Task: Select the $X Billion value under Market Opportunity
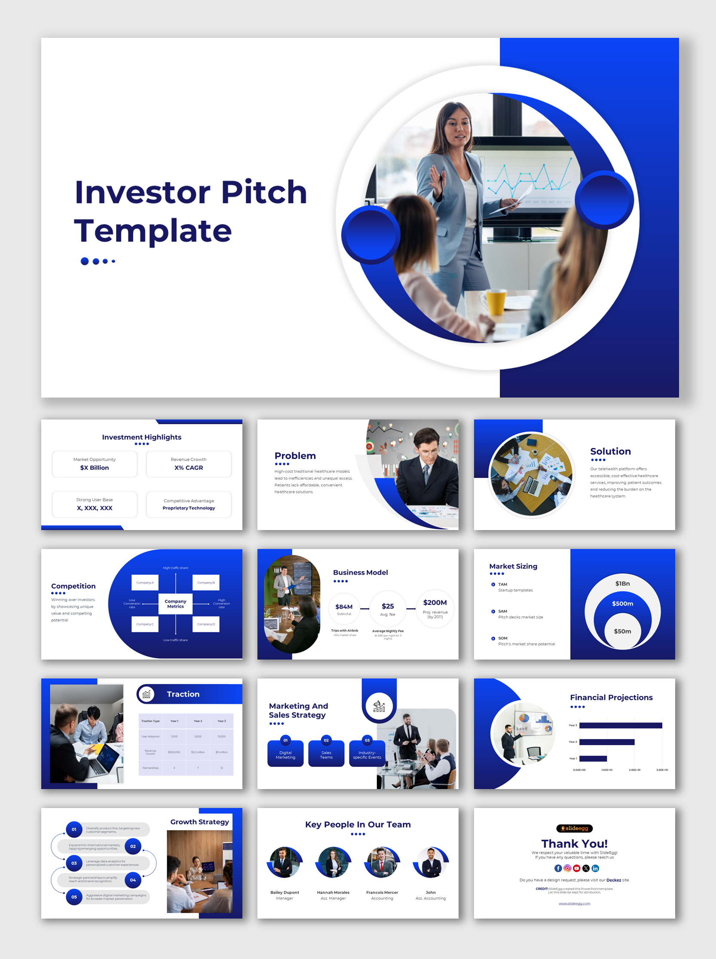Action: coord(95,468)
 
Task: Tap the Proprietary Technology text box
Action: coord(189,508)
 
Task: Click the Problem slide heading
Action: coord(295,456)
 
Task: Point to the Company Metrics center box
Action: coord(175,604)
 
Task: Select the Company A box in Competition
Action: coord(145,582)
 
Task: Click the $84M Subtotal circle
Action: coord(344,609)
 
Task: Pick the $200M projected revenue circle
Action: coord(435,608)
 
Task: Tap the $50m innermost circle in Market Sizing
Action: coord(622,632)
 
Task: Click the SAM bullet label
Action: coord(502,611)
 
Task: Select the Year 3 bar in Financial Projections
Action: coord(620,725)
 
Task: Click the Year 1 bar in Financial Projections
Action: coord(593,758)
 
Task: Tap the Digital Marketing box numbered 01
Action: coord(285,755)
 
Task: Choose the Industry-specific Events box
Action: coord(367,755)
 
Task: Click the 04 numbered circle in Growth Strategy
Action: coord(133,880)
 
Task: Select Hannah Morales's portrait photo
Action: coord(333,862)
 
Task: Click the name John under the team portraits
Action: coord(431,892)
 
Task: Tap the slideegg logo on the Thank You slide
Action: coord(574,828)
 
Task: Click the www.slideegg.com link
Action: coord(574,903)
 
